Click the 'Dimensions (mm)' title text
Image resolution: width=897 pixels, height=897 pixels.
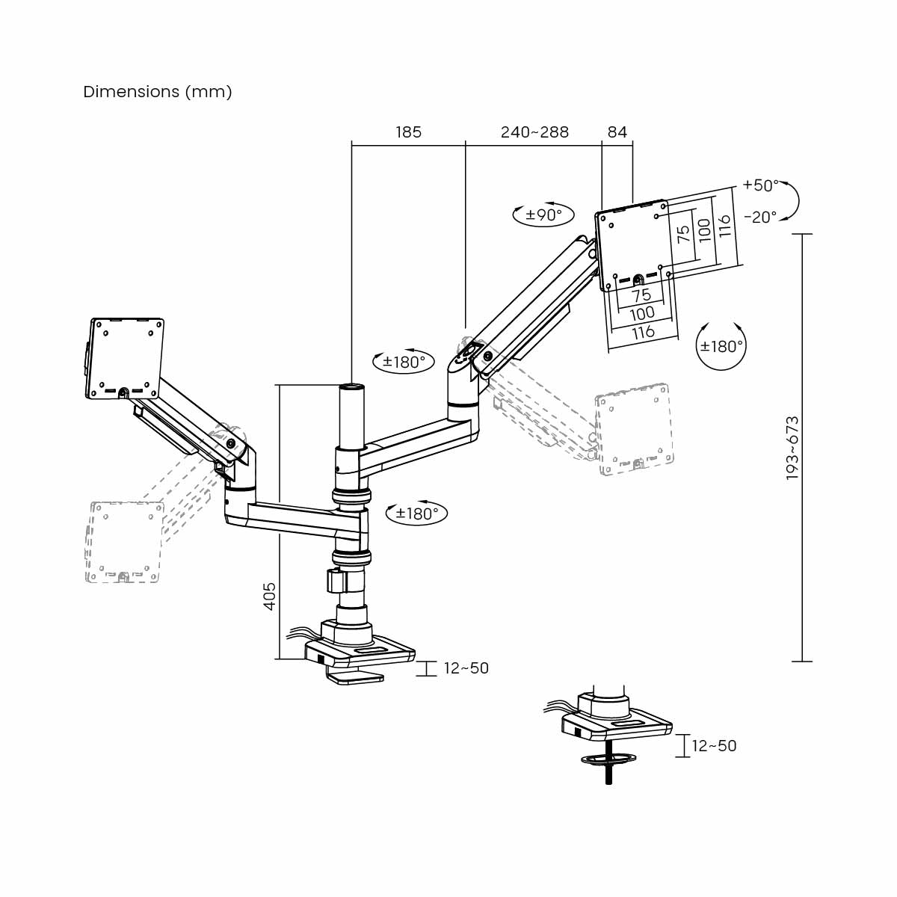pyautogui.click(x=158, y=92)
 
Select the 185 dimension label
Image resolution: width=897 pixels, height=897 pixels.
pyautogui.click(x=408, y=132)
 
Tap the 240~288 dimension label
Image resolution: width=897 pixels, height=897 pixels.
pyautogui.click(x=534, y=132)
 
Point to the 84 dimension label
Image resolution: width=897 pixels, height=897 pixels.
pyautogui.click(x=617, y=132)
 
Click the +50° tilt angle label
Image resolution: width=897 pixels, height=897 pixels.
pyautogui.click(x=760, y=185)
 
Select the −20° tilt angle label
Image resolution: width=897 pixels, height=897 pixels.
pyautogui.click(x=760, y=217)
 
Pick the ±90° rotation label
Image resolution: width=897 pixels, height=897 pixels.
pyautogui.click(x=543, y=215)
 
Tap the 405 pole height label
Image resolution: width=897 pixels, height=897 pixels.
pyautogui.click(x=270, y=596)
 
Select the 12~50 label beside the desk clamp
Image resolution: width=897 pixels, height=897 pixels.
pyautogui.click(x=466, y=668)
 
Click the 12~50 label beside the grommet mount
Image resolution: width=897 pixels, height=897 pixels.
pyautogui.click(x=714, y=745)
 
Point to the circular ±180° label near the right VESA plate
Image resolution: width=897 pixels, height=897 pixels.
pyautogui.click(x=721, y=346)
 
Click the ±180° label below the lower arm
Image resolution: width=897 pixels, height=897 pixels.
pyautogui.click(x=416, y=514)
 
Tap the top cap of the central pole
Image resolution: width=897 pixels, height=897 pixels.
pyautogui.click(x=351, y=386)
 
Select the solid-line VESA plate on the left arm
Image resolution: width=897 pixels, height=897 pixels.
pyautogui.click(x=126, y=357)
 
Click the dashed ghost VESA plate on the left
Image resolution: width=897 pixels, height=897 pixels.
pyautogui.click(x=124, y=541)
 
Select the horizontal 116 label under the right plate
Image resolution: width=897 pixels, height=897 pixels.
pyautogui.click(x=643, y=332)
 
